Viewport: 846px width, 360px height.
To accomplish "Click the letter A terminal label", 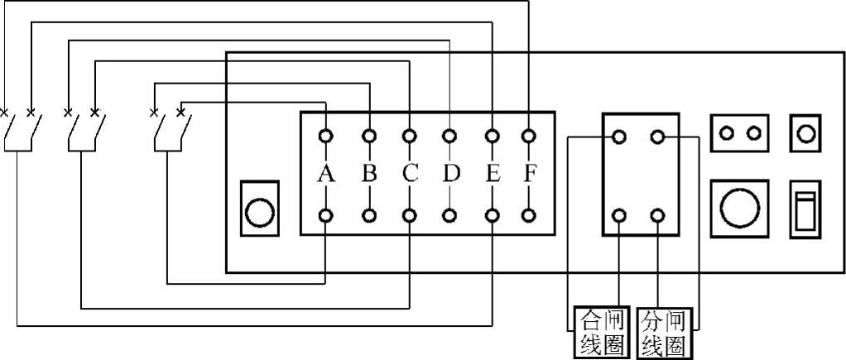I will pyautogui.click(x=326, y=175).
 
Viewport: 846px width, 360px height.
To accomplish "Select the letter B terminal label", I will pyautogui.click(x=369, y=175).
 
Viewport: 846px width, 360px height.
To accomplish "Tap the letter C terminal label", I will pyautogui.click(x=410, y=175).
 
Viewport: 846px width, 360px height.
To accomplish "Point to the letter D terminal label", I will pyautogui.click(x=450, y=175).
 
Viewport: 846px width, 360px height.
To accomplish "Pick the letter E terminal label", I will pyautogui.click(x=493, y=175).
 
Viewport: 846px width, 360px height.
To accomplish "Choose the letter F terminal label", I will pyautogui.click(x=530, y=175).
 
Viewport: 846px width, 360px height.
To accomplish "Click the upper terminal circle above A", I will pyautogui.click(x=326, y=135).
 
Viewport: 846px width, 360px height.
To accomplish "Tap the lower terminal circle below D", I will pyautogui.click(x=450, y=215).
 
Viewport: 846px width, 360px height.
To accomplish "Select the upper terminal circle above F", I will pyautogui.click(x=530, y=135).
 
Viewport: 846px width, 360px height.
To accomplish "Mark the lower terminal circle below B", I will pyautogui.click(x=369, y=215).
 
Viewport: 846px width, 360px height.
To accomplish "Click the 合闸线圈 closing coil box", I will pyautogui.click(x=603, y=334).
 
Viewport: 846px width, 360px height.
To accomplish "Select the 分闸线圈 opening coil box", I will pyautogui.click(x=664, y=334).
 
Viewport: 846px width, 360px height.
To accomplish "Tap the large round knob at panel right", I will pyautogui.click(x=738, y=208).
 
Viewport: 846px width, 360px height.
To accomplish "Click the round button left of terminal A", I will pyautogui.click(x=260, y=213).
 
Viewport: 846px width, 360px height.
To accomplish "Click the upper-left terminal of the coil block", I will pyautogui.click(x=620, y=136).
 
